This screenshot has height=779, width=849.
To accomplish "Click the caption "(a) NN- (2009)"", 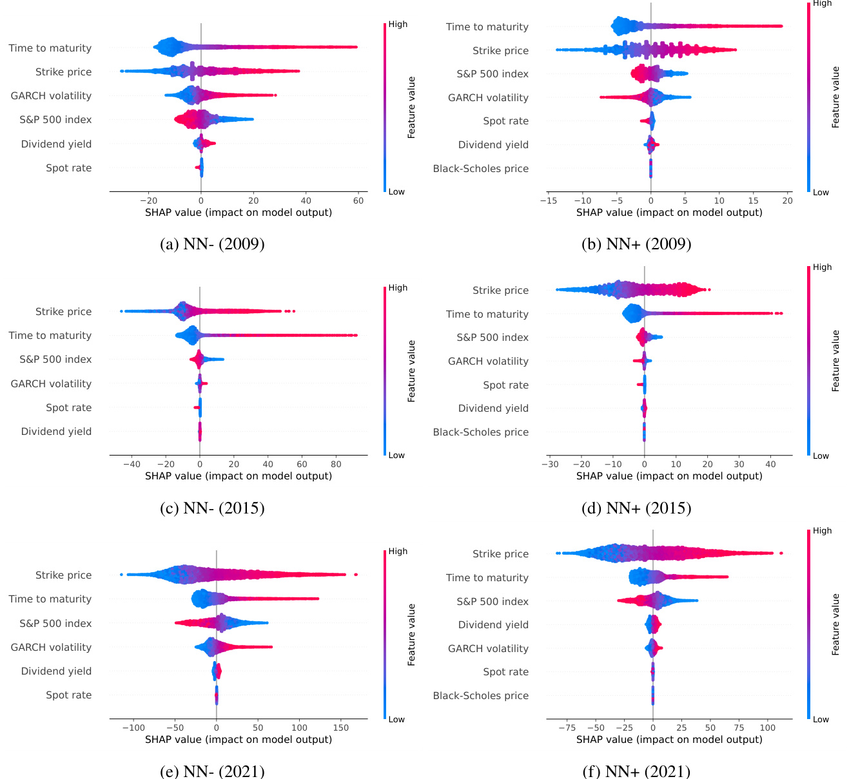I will (x=212, y=244).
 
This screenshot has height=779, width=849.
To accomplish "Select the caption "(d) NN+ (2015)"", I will (x=636, y=508).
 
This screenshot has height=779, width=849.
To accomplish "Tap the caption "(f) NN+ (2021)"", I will (x=636, y=771).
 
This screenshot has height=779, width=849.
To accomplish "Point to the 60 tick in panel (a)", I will (x=358, y=200).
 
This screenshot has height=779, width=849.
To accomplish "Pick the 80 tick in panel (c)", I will (x=336, y=464).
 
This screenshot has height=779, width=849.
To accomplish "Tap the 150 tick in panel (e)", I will (x=341, y=727).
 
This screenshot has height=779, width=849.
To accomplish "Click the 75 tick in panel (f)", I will (x=739, y=727).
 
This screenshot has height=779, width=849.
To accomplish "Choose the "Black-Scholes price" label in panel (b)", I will (x=480, y=169).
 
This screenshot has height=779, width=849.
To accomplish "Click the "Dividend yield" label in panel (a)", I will (x=56, y=144).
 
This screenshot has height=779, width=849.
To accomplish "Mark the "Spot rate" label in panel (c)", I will (x=68, y=408).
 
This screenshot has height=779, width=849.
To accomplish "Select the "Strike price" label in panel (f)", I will (x=500, y=554).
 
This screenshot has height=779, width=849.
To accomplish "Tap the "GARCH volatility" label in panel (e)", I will (x=51, y=648).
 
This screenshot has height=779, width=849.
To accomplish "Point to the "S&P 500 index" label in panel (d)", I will (x=492, y=338).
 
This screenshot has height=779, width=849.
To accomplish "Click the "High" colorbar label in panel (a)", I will (x=398, y=24).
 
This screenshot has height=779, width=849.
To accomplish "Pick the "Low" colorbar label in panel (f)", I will (x=821, y=720).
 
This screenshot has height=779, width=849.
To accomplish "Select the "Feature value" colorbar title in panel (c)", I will (x=411, y=371).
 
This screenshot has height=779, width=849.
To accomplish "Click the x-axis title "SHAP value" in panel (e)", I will (x=238, y=740).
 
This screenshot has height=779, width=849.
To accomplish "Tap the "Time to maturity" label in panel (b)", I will (x=487, y=27).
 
